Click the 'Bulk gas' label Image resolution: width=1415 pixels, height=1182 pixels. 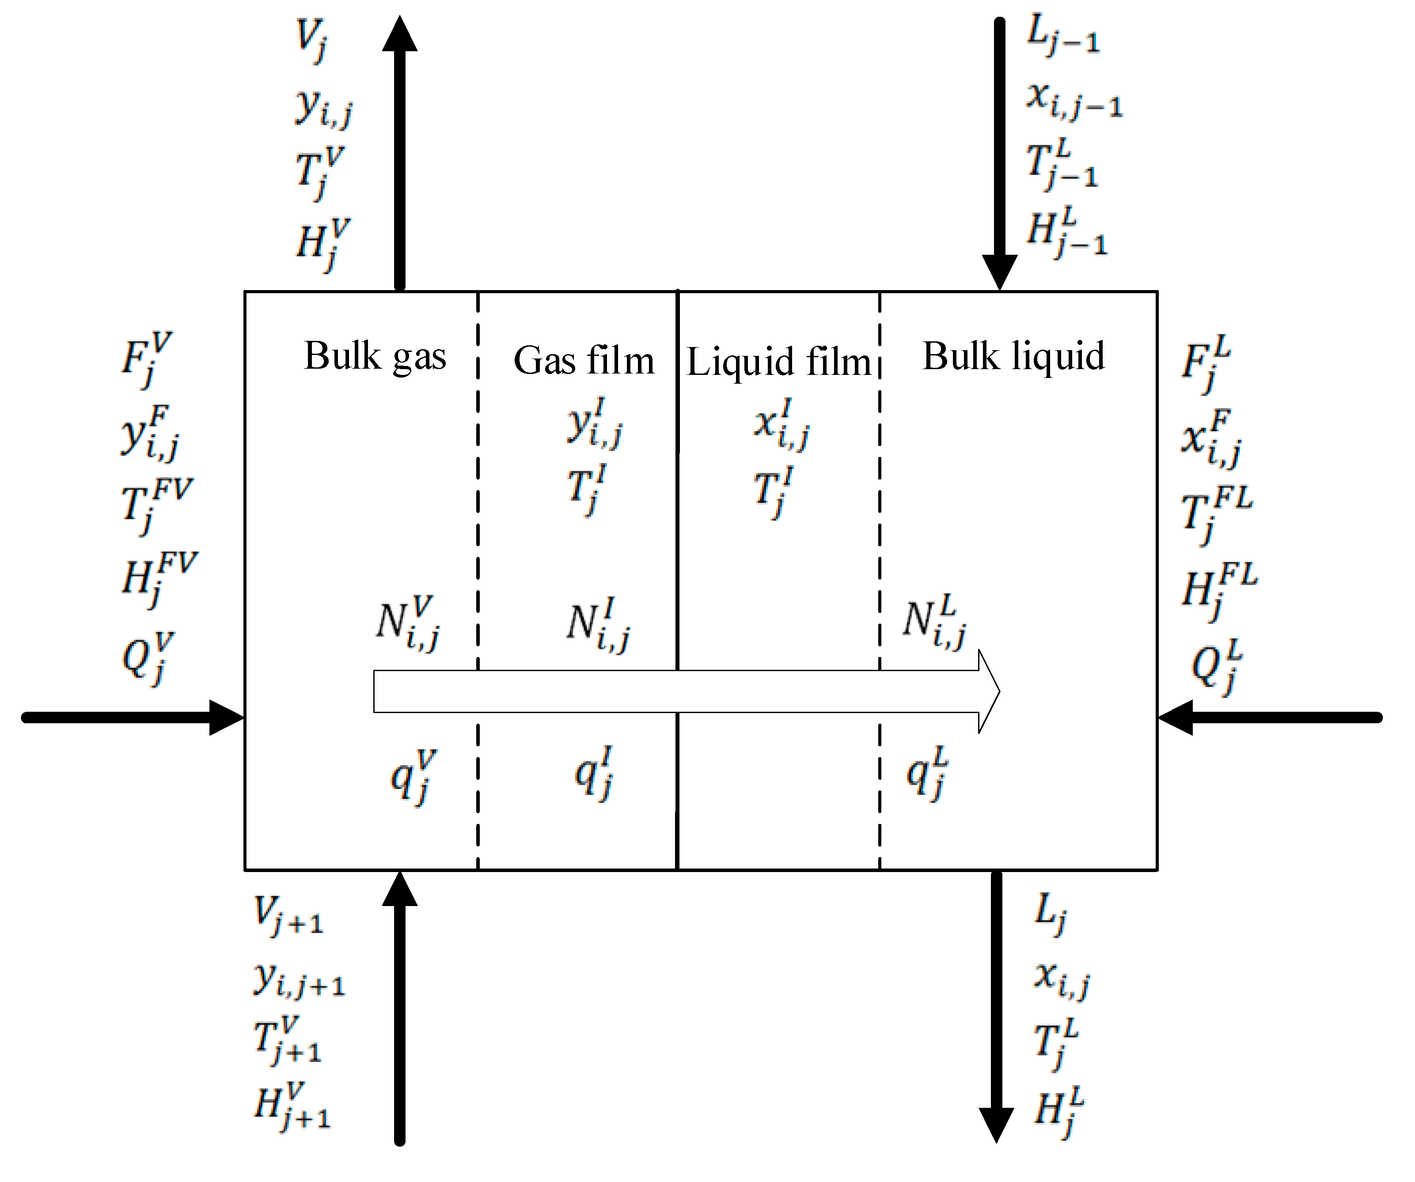tap(375, 356)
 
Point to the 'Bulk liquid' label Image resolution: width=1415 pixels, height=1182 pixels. tap(1013, 356)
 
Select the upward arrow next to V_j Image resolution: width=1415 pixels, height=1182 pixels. tap(399, 155)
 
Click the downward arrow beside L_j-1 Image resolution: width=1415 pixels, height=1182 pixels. tap(999, 155)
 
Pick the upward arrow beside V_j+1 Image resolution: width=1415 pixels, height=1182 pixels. tap(399, 1010)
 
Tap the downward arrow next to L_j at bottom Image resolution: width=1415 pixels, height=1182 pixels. tap(996, 1010)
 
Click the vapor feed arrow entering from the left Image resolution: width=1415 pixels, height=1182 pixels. tap(135, 718)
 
